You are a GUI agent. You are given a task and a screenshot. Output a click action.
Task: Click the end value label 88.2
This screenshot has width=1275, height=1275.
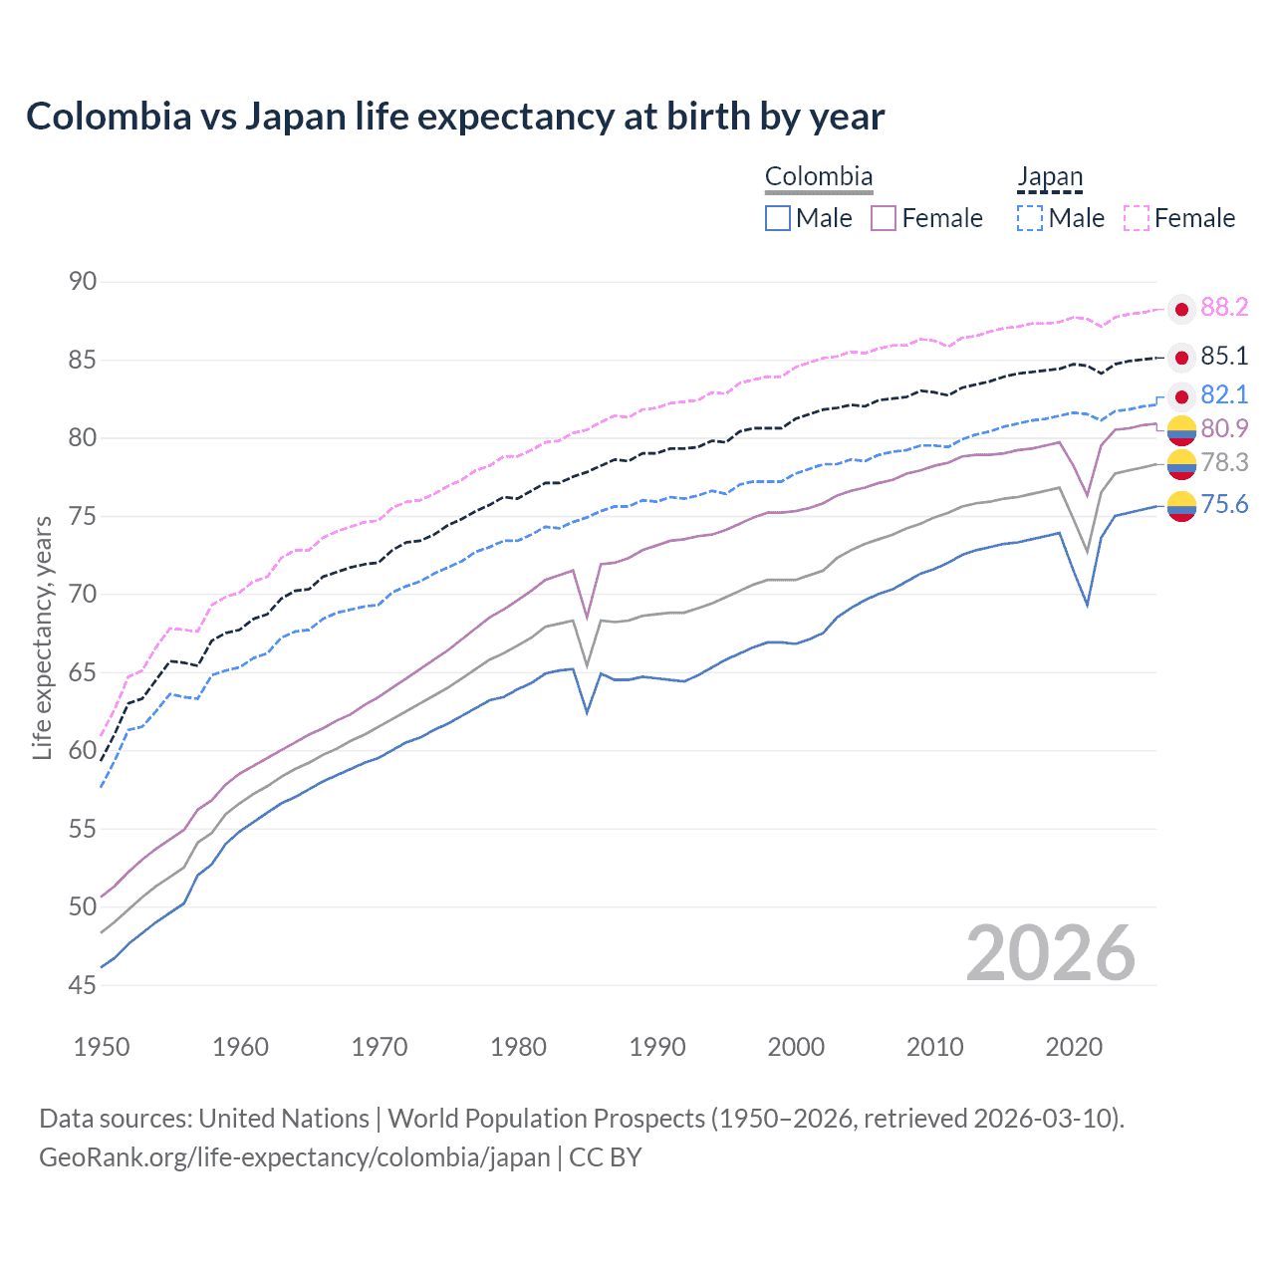pos(1223,308)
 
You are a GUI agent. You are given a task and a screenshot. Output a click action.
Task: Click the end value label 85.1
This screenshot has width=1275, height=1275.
pos(1223,357)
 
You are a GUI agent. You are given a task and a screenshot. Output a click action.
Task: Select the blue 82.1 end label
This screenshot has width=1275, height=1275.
pos(1223,395)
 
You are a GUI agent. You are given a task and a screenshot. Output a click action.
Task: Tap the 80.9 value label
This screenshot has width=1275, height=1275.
pos(1223,428)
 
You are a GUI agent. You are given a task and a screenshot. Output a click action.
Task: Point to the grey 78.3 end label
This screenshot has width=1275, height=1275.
pos(1223,462)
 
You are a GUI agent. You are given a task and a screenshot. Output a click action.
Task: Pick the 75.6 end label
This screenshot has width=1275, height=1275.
pos(1223,505)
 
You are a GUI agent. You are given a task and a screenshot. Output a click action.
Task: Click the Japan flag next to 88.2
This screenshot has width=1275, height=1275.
pos(1181,310)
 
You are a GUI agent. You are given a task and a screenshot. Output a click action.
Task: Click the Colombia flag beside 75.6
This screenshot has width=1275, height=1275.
pos(1181,507)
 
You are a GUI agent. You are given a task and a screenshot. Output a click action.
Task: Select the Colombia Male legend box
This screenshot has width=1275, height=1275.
pos(778,218)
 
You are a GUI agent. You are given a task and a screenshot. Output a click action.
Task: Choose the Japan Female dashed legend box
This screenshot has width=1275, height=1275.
pos(1137,218)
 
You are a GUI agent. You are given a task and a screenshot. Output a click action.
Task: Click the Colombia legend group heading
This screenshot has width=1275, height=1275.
pos(819,177)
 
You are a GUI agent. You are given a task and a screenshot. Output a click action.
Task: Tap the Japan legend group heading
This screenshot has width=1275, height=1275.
pos(1049,177)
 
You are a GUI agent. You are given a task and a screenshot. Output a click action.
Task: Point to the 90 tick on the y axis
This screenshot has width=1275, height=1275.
pos(83,282)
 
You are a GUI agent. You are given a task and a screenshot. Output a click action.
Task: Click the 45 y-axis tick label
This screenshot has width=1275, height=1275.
pos(83,985)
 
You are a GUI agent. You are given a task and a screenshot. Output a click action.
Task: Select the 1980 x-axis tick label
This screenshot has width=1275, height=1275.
pos(518,1047)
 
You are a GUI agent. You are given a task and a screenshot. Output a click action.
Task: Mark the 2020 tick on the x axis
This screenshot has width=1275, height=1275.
pos(1074,1047)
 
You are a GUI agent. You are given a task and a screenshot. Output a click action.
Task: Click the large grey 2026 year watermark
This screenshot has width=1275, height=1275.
pos(1050,953)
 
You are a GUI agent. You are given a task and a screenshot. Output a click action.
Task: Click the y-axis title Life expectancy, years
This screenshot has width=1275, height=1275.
pos(42,637)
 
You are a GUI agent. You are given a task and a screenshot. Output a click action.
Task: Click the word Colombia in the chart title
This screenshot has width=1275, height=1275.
pos(109,117)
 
